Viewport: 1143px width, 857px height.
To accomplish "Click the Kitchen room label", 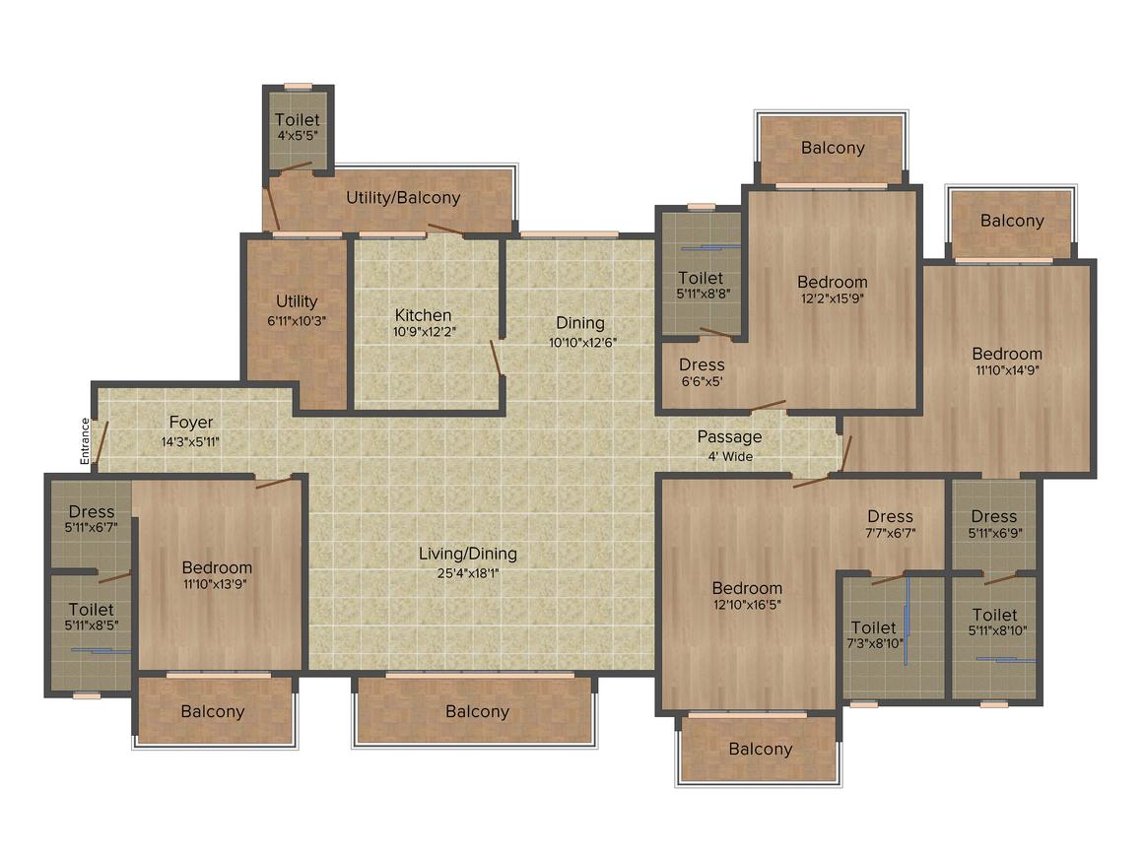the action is click(x=423, y=315).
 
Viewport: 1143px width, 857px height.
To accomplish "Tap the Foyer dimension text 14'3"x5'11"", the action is click(x=190, y=441).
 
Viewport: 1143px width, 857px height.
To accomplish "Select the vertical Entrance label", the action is click(x=86, y=441).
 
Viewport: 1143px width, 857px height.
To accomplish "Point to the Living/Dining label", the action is click(x=468, y=554).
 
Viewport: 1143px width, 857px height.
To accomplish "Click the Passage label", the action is click(x=730, y=437).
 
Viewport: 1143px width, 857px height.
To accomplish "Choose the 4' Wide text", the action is click(x=730, y=457).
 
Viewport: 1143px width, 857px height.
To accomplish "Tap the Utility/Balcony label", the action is click(x=403, y=197).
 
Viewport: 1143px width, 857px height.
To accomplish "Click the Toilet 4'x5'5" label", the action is click(x=298, y=126).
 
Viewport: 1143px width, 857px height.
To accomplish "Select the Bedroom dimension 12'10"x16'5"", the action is click(x=747, y=604).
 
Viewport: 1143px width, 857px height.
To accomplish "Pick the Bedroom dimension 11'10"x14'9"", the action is click(x=1007, y=369).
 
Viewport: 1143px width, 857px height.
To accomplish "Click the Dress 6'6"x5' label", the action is click(x=702, y=371).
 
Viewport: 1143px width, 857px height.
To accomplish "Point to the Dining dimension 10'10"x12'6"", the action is click(x=582, y=343).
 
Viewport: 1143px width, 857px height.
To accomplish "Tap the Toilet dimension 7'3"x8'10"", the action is click(x=875, y=643).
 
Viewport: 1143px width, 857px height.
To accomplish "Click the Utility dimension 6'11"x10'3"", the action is click(x=297, y=321).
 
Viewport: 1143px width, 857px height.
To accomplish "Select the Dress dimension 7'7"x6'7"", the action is click(x=890, y=533).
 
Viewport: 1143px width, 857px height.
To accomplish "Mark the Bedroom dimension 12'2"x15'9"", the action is click(x=833, y=298).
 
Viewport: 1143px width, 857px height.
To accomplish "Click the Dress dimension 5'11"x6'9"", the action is click(x=995, y=533).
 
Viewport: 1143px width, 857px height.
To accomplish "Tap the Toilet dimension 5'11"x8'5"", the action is click(x=91, y=625).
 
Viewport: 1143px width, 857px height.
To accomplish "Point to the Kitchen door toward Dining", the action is click(x=498, y=359).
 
